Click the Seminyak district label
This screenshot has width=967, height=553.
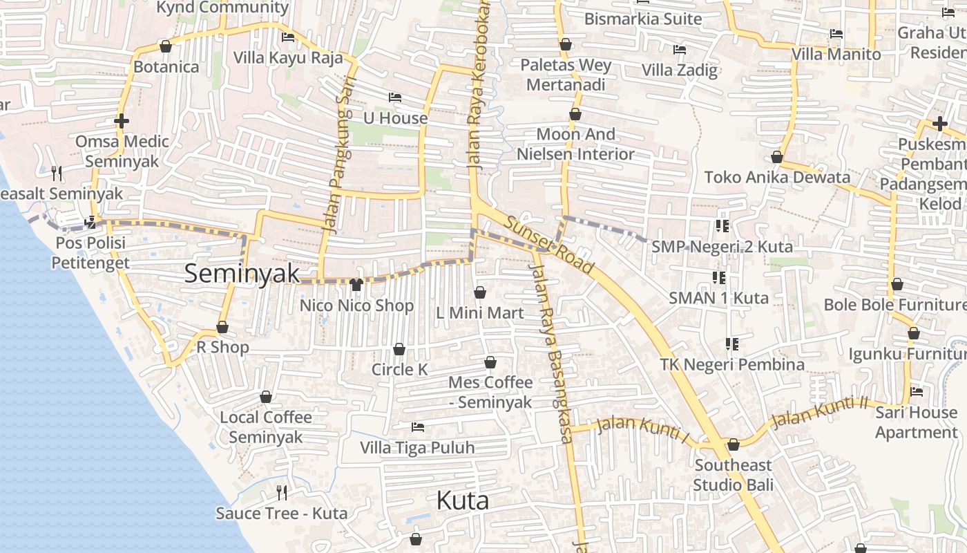[242, 274]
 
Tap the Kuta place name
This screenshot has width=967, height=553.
[463, 500]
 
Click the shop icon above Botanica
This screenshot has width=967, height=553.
[165, 46]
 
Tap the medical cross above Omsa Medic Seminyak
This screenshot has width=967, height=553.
[122, 122]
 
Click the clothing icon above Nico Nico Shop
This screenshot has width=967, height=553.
[356, 284]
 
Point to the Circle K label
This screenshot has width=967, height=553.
[399, 369]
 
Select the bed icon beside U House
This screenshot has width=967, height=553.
[395, 97]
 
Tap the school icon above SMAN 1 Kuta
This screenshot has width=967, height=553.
[718, 278]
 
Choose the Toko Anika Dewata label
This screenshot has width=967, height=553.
[777, 177]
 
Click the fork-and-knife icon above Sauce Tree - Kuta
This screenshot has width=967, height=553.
[282, 492]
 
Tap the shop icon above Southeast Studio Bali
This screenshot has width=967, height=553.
[734, 444]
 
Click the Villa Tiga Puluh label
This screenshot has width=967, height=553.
[417, 447]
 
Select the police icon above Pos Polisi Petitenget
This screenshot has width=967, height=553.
[90, 223]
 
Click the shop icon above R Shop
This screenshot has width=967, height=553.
[222, 327]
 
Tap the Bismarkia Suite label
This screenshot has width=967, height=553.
[642, 19]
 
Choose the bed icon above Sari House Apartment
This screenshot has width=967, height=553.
[917, 391]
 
